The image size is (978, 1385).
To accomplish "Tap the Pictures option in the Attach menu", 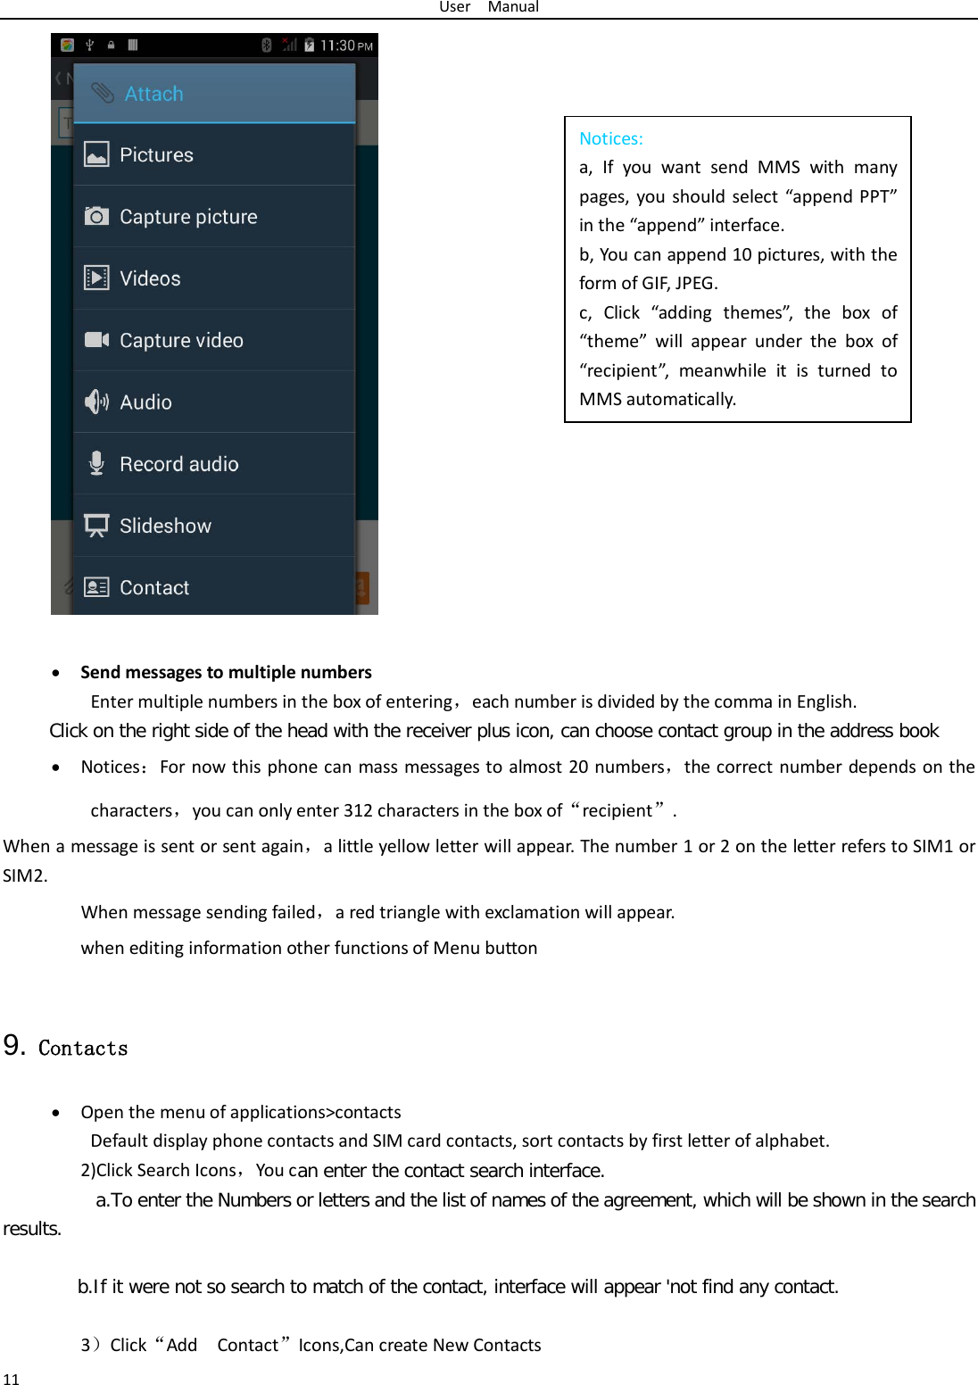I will [x=156, y=154].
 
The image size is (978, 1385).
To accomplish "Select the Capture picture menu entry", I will [x=188, y=217].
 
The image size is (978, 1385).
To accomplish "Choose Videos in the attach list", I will [x=150, y=278].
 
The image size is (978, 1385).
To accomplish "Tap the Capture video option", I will [x=181, y=340].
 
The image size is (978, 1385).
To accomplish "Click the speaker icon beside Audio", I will [x=96, y=402].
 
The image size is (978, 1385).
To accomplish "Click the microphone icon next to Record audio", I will [x=96, y=463].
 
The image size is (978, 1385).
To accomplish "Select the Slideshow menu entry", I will [x=165, y=526].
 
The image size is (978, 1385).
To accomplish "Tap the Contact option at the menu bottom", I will [x=154, y=587].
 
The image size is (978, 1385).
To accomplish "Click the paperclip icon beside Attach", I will [x=103, y=93].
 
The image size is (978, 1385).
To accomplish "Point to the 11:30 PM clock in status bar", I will [x=345, y=46].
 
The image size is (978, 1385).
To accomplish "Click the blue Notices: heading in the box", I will [x=610, y=138].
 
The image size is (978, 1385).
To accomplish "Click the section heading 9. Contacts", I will [x=66, y=1047].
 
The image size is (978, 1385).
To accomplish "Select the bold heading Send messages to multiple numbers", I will [x=226, y=672].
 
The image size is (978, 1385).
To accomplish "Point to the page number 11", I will [x=11, y=1379].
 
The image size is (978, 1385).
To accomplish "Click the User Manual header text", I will [x=488, y=7].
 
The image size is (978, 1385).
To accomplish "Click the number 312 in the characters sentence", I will [x=357, y=810].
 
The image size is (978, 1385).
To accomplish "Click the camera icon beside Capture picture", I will [x=96, y=217].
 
